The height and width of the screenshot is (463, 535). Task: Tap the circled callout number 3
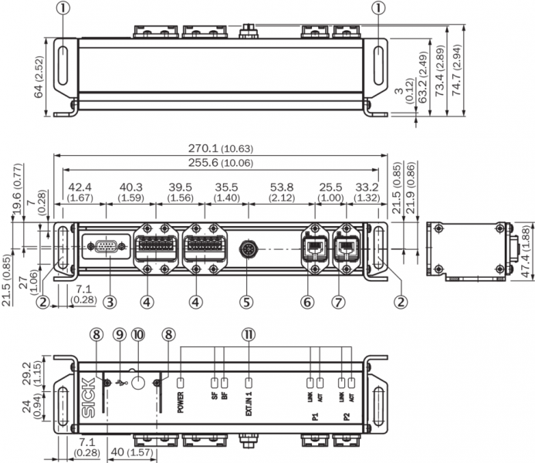tap(110, 301)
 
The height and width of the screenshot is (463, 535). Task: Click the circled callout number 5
tap(246, 301)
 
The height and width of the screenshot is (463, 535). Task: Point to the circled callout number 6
tap(308, 301)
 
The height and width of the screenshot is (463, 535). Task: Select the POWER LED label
tap(180, 403)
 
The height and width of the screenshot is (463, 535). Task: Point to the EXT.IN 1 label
tap(249, 404)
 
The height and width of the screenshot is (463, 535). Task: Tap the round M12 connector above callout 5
tap(246, 248)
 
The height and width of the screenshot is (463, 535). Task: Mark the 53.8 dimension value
tap(281, 188)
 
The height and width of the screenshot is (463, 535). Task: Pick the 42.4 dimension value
tap(80, 188)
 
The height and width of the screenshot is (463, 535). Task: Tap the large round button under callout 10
tap(137, 383)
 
